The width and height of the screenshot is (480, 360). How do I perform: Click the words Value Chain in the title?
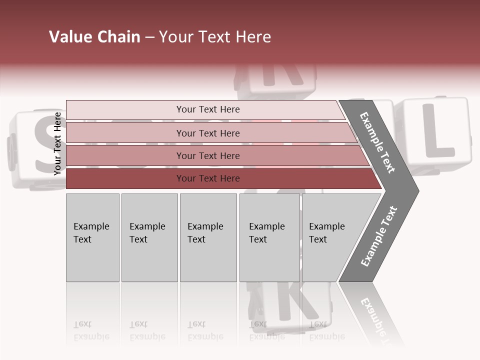click(x=94, y=37)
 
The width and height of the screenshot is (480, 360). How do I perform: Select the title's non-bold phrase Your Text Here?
click(x=215, y=37)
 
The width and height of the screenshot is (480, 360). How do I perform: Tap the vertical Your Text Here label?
click(x=57, y=143)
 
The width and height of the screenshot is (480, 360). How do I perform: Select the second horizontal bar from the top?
click(x=207, y=133)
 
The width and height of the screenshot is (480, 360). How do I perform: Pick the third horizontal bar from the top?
click(x=207, y=155)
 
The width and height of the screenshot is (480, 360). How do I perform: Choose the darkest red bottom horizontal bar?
click(x=207, y=178)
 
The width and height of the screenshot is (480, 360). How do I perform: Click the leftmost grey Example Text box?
click(x=92, y=237)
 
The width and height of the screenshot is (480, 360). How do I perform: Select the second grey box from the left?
click(x=149, y=237)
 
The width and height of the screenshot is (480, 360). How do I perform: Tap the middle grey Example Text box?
click(x=208, y=237)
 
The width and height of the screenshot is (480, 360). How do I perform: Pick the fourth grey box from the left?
click(x=269, y=237)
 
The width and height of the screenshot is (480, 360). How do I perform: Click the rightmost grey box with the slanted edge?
click(x=330, y=237)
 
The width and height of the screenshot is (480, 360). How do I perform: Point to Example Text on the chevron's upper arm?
click(x=377, y=142)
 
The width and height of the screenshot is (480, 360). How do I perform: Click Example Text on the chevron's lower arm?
click(x=379, y=236)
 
